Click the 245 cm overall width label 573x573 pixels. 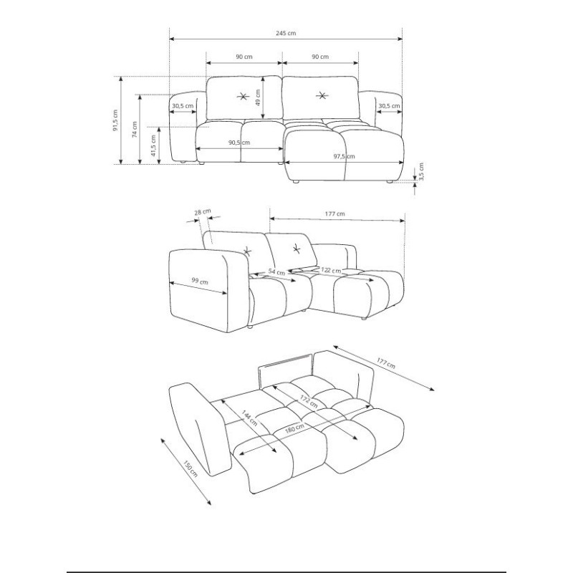tap(286, 33)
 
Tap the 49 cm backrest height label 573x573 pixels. tap(258, 98)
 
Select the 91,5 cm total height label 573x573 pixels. tap(115, 120)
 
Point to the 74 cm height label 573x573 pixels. tap(135, 130)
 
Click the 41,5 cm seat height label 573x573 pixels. tap(153, 145)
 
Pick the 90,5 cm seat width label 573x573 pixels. tap(239, 143)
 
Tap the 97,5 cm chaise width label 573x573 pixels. tap(344, 156)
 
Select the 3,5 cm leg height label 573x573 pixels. tap(421, 172)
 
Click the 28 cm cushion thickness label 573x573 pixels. tap(203, 212)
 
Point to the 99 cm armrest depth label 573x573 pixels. tap(200, 281)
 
